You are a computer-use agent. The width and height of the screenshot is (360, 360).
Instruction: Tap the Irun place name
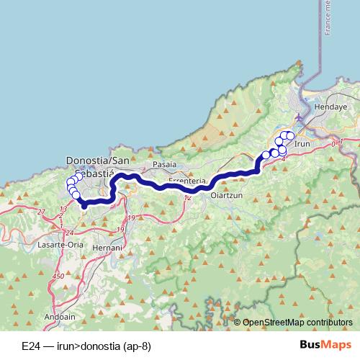(302, 143)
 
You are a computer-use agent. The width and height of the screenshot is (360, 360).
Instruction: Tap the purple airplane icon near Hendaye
(300, 117)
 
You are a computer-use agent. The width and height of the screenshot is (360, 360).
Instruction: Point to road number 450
(58, 276)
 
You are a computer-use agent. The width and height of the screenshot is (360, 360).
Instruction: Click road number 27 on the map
(41, 211)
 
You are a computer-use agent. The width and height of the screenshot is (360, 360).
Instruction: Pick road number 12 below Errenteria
(187, 197)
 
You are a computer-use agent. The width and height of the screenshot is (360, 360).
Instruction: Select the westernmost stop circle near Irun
(266, 155)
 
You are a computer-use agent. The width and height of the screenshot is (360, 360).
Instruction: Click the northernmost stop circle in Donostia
(78, 177)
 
